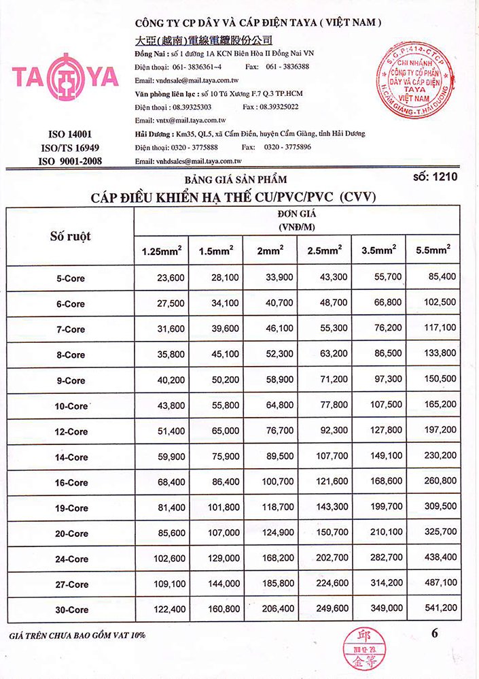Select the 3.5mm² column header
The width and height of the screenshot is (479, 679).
(x=379, y=251)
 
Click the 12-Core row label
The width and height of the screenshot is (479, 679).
(x=71, y=431)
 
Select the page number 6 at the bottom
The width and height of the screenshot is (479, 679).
(x=435, y=633)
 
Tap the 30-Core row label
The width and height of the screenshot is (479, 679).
(x=71, y=610)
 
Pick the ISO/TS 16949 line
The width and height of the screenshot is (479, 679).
(x=70, y=148)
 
